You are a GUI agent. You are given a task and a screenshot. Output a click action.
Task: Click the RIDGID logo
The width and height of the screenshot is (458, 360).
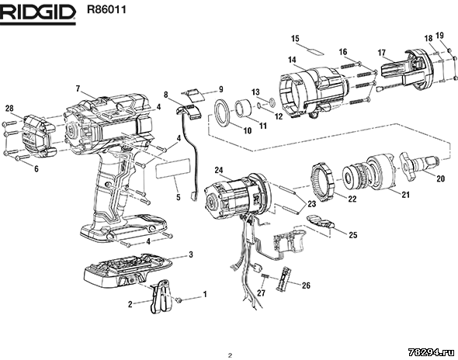click(x=38, y=14)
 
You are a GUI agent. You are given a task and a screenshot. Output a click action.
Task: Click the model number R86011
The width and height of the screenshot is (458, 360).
click(x=106, y=9)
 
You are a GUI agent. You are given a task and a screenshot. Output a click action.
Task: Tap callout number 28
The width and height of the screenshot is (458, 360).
click(x=9, y=109)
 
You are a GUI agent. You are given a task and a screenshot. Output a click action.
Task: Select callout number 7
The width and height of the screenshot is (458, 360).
click(x=78, y=88)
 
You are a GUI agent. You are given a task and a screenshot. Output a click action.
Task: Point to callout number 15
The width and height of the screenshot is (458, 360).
click(x=295, y=38)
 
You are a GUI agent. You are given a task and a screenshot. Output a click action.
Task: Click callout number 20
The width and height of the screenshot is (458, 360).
click(x=440, y=178)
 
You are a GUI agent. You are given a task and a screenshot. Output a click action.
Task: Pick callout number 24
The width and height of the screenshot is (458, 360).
click(x=219, y=170)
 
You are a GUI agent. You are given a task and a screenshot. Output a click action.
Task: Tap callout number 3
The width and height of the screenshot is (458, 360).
click(x=191, y=254)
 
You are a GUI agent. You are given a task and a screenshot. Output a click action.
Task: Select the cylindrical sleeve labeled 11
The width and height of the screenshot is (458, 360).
click(x=243, y=109)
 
